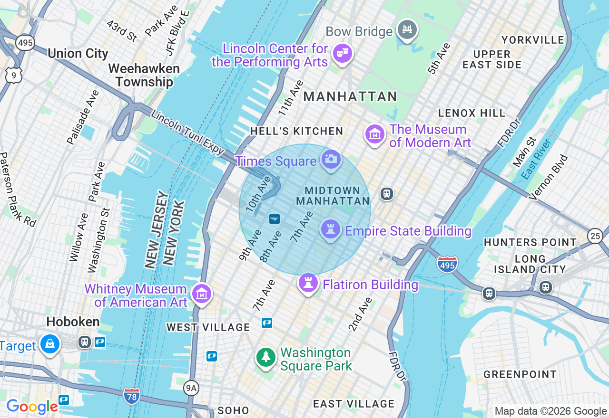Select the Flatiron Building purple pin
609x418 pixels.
pyautogui.click(x=308, y=283)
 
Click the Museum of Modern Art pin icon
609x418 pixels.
pyautogui.click(x=374, y=134)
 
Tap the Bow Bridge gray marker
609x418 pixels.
pyautogui.click(x=407, y=30)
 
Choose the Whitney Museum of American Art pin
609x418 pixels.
pyautogui.click(x=202, y=294)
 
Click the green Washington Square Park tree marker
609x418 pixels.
pyautogui.click(x=266, y=357)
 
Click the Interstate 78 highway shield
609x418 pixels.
pyautogui.click(x=131, y=395)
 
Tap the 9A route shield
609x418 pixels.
pyautogui.click(x=191, y=389)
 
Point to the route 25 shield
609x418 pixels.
pyautogui.click(x=595, y=236)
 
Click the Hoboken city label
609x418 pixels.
pyautogui.click(x=73, y=322)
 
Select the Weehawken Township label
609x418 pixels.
pyautogui.click(x=144, y=75)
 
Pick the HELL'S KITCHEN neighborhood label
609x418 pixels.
pyautogui.click(x=296, y=131)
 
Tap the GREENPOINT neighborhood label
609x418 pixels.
pyautogui.click(x=520, y=374)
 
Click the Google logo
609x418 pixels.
pyautogui.click(x=32, y=407)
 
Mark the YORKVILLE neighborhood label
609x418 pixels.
pyautogui.click(x=532, y=40)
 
